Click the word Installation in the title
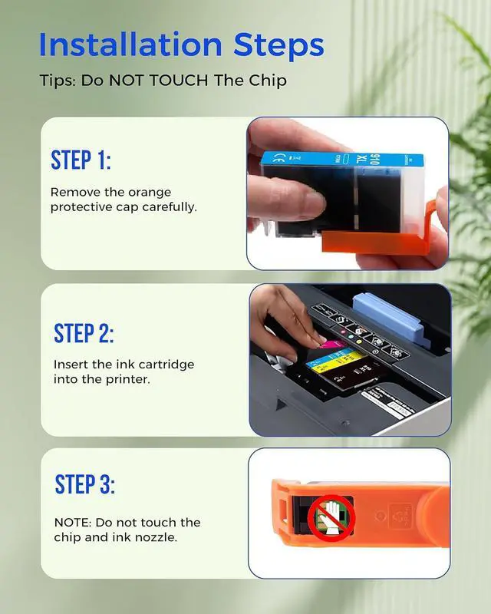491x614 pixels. (x=130, y=45)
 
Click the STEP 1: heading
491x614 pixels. (x=81, y=160)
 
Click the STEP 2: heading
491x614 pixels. (x=84, y=333)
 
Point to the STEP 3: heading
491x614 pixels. (x=85, y=484)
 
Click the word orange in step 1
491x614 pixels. (x=150, y=193)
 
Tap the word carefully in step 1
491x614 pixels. (x=169, y=207)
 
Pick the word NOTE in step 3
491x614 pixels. (x=73, y=523)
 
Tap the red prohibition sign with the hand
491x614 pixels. (x=331, y=517)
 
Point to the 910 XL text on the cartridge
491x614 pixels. (x=368, y=159)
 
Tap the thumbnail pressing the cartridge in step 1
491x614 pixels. (x=313, y=203)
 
